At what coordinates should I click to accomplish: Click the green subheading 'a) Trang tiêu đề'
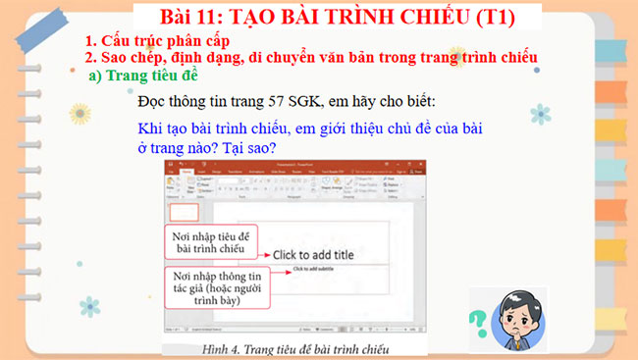click(143, 76)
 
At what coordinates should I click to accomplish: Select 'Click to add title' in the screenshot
click(313, 254)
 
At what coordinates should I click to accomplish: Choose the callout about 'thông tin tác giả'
click(208, 288)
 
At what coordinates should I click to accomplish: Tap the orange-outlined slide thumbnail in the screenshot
click(185, 212)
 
